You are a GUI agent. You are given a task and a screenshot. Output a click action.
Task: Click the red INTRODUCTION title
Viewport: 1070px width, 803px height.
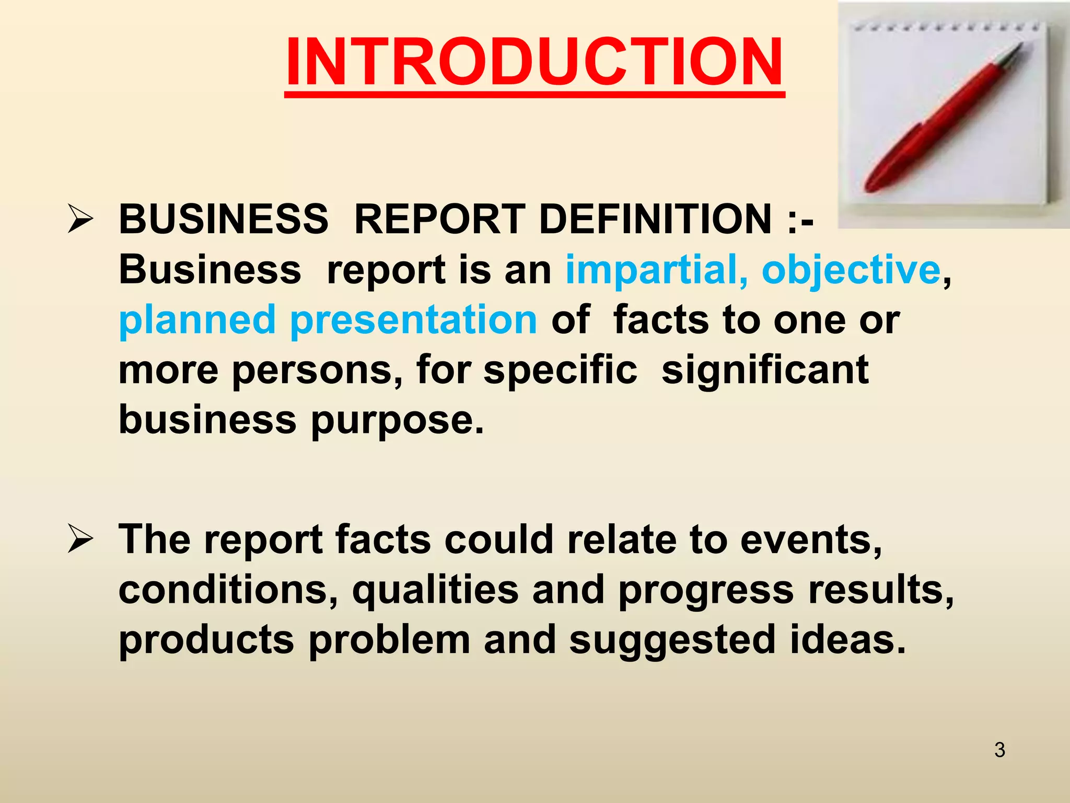tap(534, 63)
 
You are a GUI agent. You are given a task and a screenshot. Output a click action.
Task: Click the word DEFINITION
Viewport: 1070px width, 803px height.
tap(655, 219)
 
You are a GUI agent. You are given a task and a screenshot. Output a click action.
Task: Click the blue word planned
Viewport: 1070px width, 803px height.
tap(197, 320)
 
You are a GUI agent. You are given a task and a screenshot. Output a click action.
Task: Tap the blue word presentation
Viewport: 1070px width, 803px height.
tap(413, 320)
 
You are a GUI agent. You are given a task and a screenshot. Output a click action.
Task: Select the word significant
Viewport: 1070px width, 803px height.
tap(765, 370)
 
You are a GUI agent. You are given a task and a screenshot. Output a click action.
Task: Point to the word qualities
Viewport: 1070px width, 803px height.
tap(435, 590)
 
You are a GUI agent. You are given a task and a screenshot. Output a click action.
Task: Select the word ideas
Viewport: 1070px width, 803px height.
tap(847, 640)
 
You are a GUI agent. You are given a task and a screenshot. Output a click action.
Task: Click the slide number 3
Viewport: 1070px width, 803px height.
tap(999, 750)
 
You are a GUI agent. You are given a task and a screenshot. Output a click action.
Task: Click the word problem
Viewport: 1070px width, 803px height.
tap(389, 640)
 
